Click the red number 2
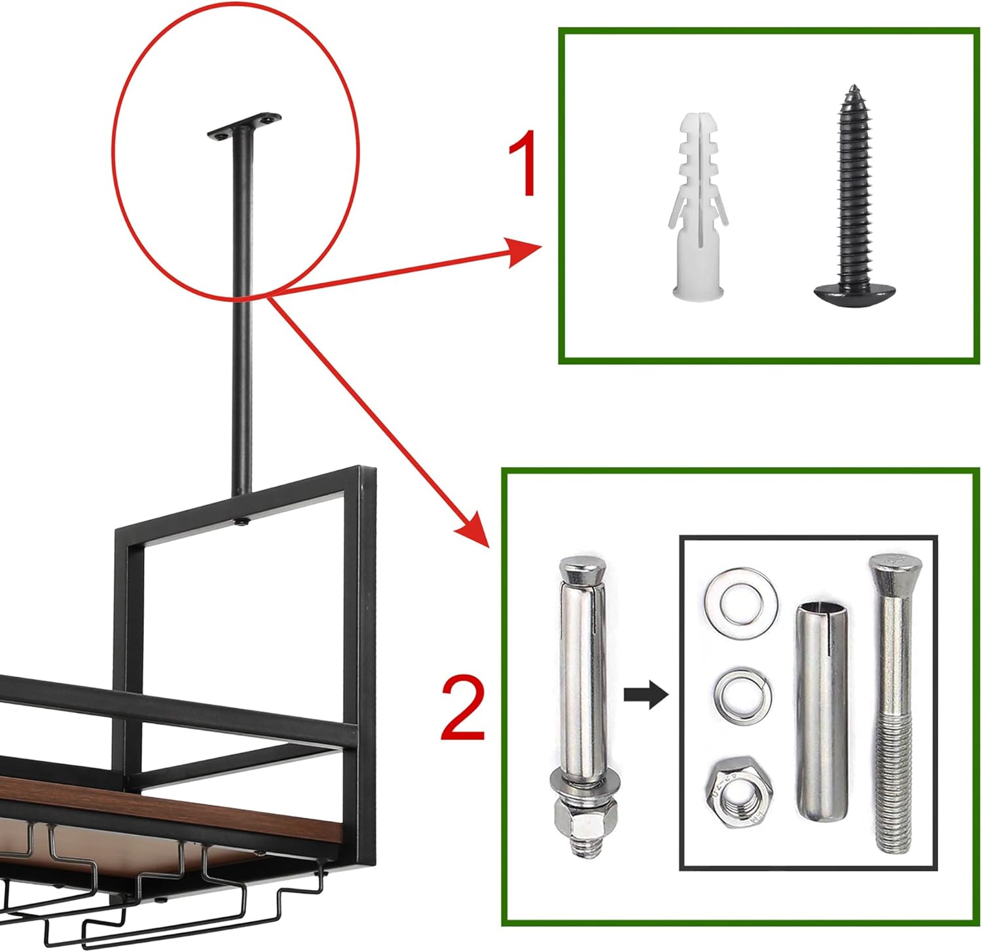(x=464, y=708)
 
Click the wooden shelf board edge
(x=170, y=810)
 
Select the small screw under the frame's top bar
(x=243, y=522)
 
